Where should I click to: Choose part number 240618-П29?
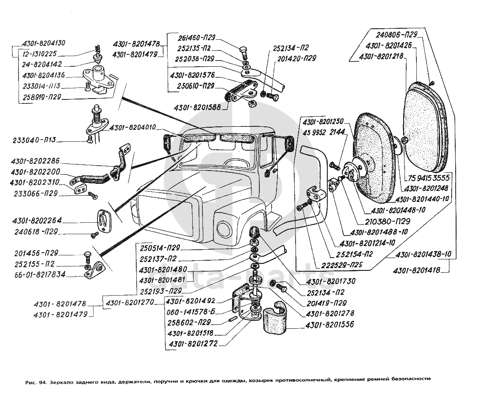click(39, 232)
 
